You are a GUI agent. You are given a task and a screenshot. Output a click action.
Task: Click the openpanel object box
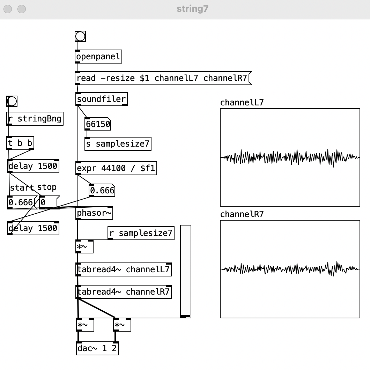click(x=98, y=57)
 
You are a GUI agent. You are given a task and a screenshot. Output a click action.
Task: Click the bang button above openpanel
click(x=80, y=36)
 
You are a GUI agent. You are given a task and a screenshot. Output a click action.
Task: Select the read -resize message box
click(x=163, y=78)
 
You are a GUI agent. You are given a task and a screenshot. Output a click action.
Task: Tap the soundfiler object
click(x=101, y=99)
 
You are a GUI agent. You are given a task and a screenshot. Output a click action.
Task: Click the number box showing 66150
click(x=98, y=124)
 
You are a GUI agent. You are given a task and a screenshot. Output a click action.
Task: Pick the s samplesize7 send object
click(x=118, y=144)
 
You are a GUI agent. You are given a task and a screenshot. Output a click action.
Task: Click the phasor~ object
click(x=94, y=213)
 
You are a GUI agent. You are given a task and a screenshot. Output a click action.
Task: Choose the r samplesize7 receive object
click(x=141, y=233)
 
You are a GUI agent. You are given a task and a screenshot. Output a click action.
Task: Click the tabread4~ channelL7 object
click(x=124, y=269)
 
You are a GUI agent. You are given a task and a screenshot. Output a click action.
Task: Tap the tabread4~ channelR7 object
click(x=124, y=292)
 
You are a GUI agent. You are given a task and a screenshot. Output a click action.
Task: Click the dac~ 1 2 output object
click(x=97, y=348)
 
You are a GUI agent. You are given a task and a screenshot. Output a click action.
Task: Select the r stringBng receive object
click(x=35, y=119)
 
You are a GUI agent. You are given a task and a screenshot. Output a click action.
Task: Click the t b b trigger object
click(x=21, y=143)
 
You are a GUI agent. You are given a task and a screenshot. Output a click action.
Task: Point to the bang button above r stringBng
click(x=12, y=102)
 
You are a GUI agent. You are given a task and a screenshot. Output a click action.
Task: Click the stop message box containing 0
click(x=49, y=202)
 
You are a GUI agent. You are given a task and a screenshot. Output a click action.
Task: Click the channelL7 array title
click(x=242, y=103)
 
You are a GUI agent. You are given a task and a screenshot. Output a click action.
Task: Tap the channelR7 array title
click(x=242, y=214)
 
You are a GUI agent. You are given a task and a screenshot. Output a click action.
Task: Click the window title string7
click(x=192, y=9)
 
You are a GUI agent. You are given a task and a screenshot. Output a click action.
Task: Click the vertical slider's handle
click(x=186, y=316)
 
